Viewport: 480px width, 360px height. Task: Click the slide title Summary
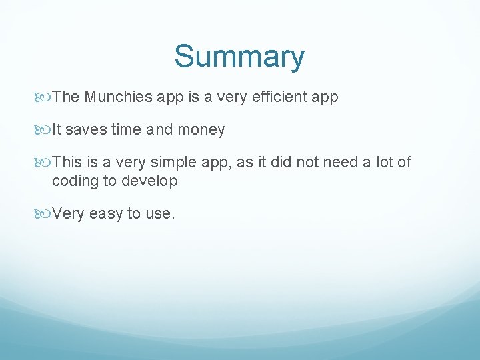[x=239, y=57]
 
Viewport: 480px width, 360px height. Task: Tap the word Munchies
[x=119, y=97]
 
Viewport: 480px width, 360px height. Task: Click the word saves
[x=87, y=130]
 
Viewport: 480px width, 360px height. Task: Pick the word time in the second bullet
[x=126, y=130]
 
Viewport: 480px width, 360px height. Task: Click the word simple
[x=174, y=163]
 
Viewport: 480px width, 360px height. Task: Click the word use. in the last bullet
[x=160, y=214]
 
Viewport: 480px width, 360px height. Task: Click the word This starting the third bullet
[x=67, y=163]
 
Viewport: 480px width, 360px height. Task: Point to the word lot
[x=387, y=163]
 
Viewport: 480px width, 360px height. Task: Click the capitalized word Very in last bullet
[x=68, y=214]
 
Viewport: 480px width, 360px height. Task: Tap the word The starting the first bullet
[x=66, y=97]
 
